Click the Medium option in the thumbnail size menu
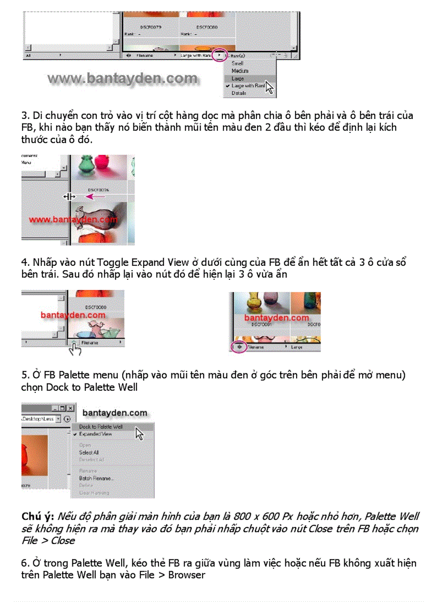239,71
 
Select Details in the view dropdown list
239,93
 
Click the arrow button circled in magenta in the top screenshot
218,55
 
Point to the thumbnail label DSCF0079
151,26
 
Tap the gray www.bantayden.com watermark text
122,79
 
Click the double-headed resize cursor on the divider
69,197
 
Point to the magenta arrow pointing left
96,197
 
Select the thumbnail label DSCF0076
98,189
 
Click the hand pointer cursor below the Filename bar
76,350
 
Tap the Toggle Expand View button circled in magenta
238,347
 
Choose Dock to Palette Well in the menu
101,427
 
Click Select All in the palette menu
89,452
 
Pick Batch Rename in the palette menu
96,478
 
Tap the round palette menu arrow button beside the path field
67,419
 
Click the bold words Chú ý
37,517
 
